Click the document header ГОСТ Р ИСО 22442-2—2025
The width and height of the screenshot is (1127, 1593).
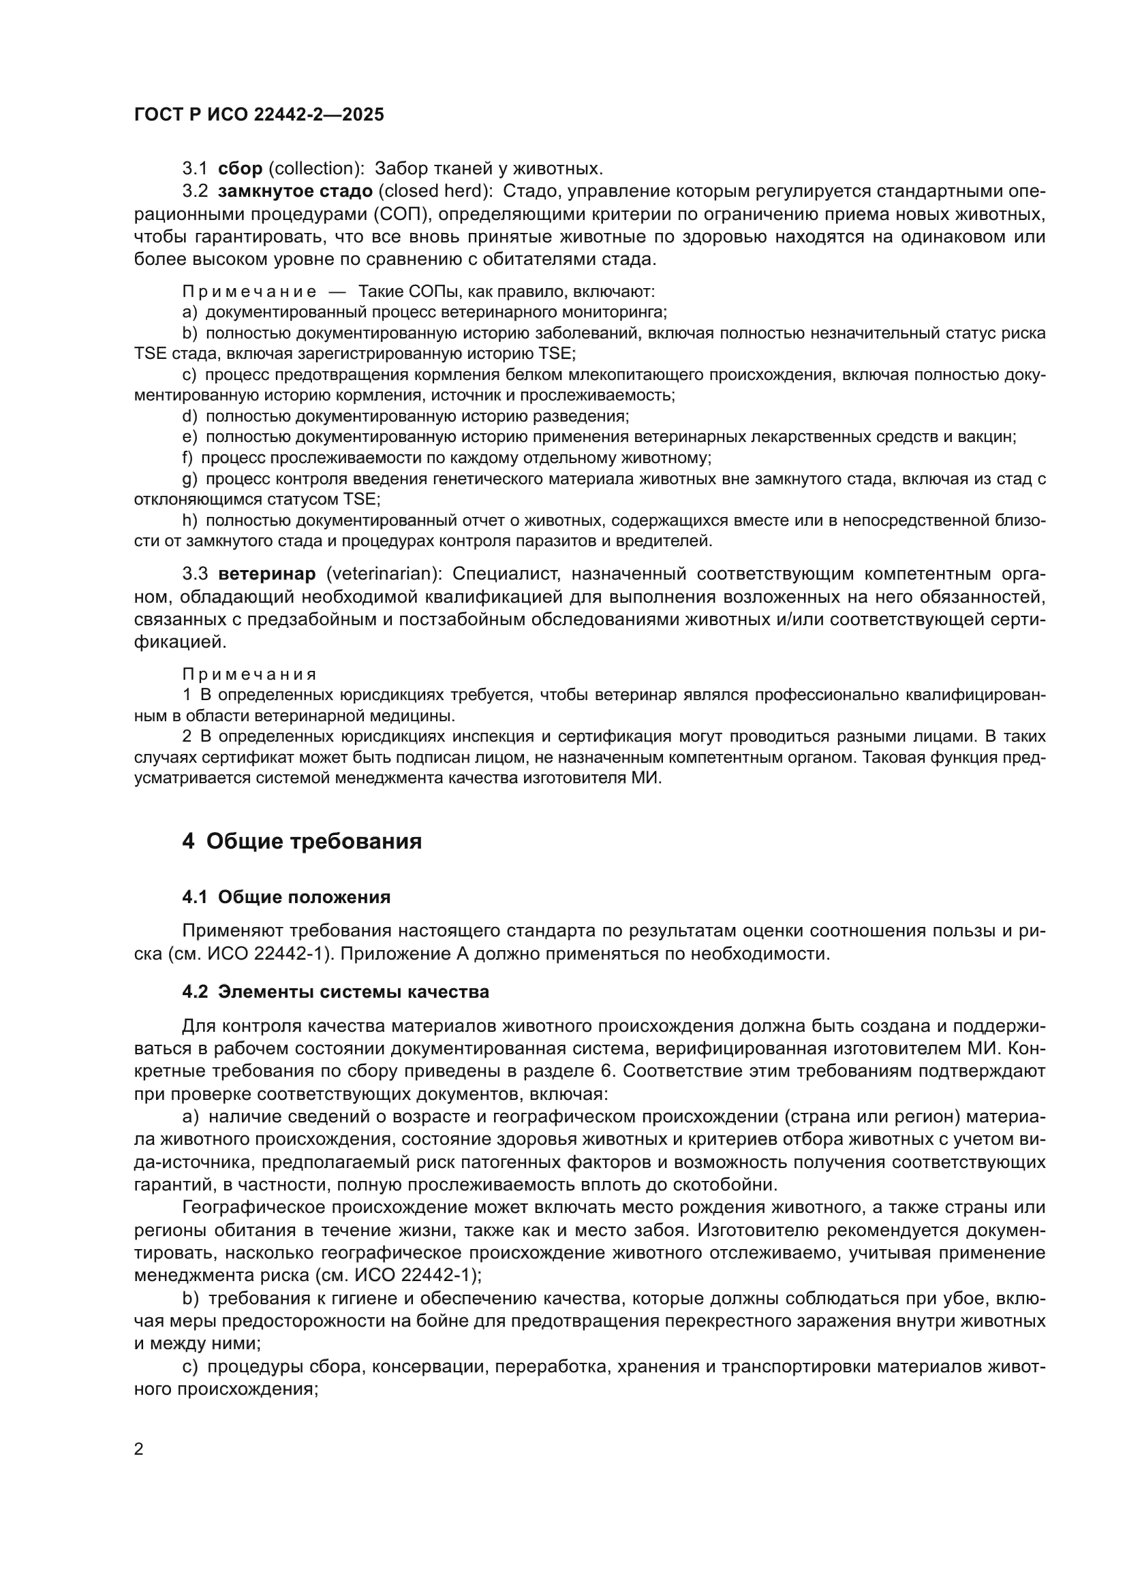(x=259, y=114)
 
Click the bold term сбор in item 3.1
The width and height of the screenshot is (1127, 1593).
(x=240, y=169)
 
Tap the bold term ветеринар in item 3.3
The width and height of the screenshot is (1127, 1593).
(x=266, y=573)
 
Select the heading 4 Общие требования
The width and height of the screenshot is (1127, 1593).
(x=302, y=841)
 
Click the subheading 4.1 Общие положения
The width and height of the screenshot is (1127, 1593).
(x=286, y=897)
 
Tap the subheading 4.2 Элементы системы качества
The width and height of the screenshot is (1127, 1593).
(x=335, y=992)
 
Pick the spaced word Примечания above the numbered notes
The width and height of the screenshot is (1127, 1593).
(x=249, y=674)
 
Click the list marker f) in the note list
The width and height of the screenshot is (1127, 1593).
(x=187, y=458)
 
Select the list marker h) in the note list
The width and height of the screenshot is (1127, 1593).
(x=189, y=520)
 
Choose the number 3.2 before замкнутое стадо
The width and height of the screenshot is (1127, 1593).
(x=195, y=191)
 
